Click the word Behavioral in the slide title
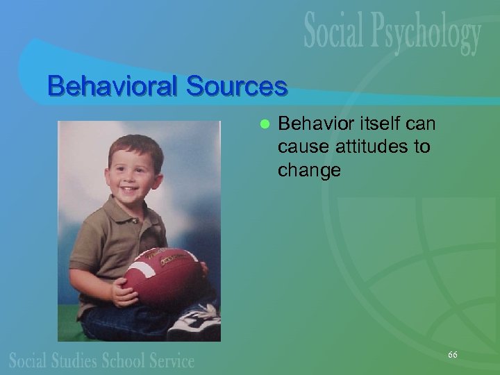click(x=106, y=87)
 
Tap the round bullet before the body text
click(x=263, y=124)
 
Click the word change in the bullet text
click(x=309, y=170)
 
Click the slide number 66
click(x=453, y=355)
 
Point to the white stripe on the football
click(x=142, y=265)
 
